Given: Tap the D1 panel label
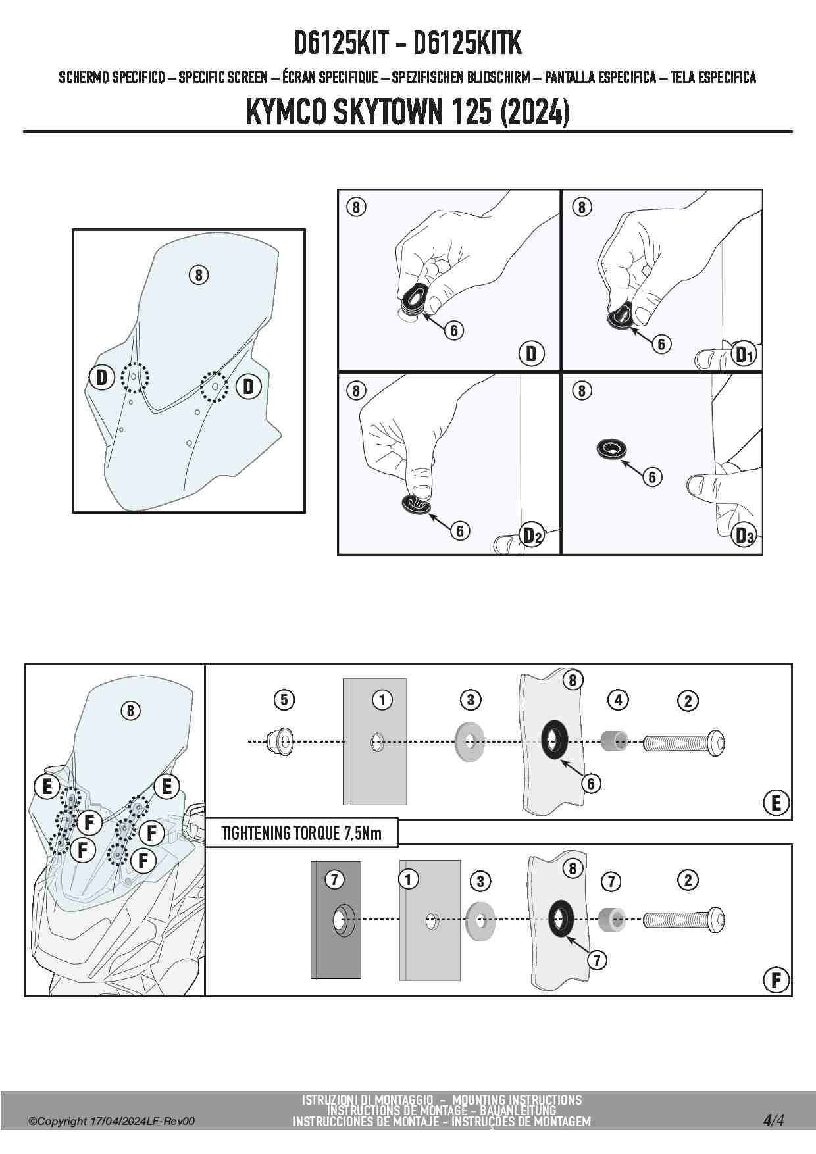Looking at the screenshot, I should [x=744, y=355].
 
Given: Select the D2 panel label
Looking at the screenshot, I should [x=532, y=536].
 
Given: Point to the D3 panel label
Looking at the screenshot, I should [x=744, y=536].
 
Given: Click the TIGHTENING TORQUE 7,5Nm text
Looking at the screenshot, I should [x=301, y=833].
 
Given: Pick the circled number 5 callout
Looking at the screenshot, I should [x=284, y=700].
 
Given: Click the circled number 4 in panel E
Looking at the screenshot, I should [x=618, y=701].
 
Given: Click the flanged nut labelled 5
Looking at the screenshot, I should [x=280, y=742].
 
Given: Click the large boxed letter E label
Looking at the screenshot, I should [x=776, y=803].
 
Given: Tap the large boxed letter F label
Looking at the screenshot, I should [x=776, y=980].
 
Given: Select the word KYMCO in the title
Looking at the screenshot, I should [x=286, y=113].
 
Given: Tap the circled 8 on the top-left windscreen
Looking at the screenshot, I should [x=198, y=274].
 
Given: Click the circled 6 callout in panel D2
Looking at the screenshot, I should [x=460, y=530].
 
